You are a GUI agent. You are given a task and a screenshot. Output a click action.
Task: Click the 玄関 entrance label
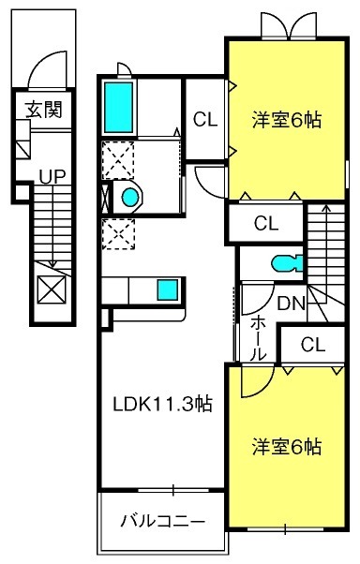[x=44, y=110]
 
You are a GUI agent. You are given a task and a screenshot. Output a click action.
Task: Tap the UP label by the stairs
[x=52, y=177]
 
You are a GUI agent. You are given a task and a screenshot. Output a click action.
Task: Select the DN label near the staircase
[x=291, y=304]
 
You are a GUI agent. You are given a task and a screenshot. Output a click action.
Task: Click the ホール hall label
[x=258, y=339]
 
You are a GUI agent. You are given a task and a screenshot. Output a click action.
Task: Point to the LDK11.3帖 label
[x=163, y=404]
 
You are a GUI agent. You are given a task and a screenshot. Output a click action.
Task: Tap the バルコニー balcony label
[x=163, y=521]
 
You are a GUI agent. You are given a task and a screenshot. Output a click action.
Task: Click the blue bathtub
[x=118, y=107]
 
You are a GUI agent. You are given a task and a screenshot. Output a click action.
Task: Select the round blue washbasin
[x=130, y=197]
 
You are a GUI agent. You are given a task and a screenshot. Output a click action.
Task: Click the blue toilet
[x=287, y=264]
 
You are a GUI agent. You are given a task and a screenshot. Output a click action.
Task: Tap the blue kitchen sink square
[x=168, y=289]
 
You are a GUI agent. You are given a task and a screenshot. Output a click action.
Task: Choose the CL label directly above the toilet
[x=266, y=223]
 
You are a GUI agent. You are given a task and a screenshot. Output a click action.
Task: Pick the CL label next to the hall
[x=313, y=345]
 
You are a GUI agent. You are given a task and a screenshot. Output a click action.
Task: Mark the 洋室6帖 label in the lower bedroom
[x=287, y=446]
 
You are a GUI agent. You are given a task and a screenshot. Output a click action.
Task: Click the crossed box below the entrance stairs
[x=52, y=289]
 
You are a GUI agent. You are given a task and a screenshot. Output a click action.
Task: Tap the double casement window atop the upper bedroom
[x=289, y=25]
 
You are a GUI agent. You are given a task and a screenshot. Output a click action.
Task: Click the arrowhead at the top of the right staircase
[x=326, y=208]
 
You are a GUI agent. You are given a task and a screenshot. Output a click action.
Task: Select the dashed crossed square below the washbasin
[x=118, y=234]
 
